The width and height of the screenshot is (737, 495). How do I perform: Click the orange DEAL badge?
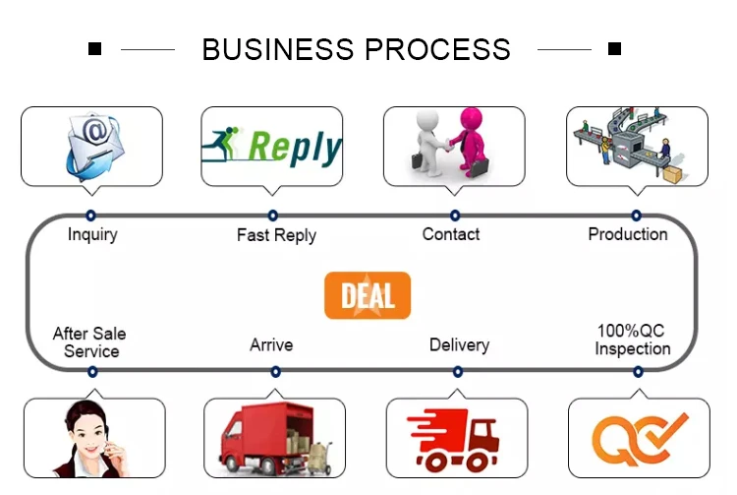tap(368, 295)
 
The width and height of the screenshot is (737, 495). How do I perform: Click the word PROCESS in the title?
tap(437, 49)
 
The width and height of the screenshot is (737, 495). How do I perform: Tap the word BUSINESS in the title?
tap(278, 49)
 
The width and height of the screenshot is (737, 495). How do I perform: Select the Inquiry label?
tap(92, 234)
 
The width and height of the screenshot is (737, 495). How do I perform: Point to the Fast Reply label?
tap(276, 235)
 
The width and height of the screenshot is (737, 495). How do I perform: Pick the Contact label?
tap(451, 234)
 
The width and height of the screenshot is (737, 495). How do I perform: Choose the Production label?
tap(628, 234)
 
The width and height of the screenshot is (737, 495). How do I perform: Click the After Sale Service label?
tap(89, 342)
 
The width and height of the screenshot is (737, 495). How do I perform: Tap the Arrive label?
tap(271, 344)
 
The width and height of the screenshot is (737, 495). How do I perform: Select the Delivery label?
tap(459, 344)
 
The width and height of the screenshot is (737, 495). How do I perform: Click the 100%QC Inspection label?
tap(632, 340)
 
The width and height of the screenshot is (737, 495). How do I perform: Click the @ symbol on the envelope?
tap(95, 130)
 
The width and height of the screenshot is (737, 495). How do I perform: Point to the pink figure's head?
tap(471, 119)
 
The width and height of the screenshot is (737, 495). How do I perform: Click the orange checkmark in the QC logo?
tap(666, 431)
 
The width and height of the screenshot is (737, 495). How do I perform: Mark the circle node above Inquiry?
tap(90, 216)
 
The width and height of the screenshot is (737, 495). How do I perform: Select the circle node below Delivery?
tap(458, 372)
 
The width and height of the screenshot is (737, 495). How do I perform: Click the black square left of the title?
tap(95, 48)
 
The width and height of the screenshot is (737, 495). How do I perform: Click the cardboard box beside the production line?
tap(672, 174)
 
